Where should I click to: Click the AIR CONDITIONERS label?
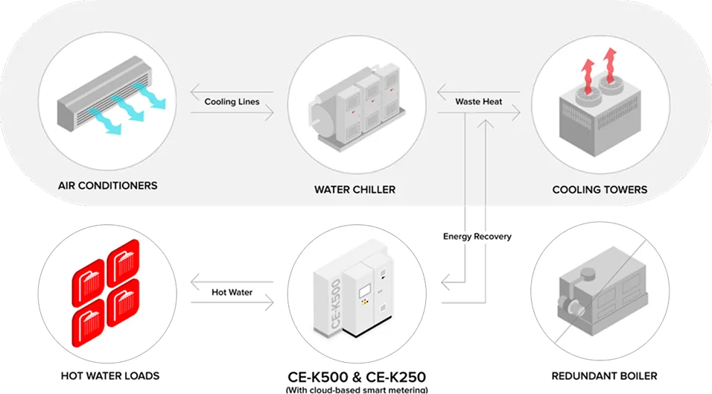[107, 185]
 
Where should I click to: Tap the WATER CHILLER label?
[355, 189]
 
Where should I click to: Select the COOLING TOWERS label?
[600, 189]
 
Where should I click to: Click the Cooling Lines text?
[232, 101]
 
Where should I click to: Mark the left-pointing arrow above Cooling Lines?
[232, 90]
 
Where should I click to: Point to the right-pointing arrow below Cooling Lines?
[232, 113]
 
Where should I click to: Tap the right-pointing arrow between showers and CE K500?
[232, 301]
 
